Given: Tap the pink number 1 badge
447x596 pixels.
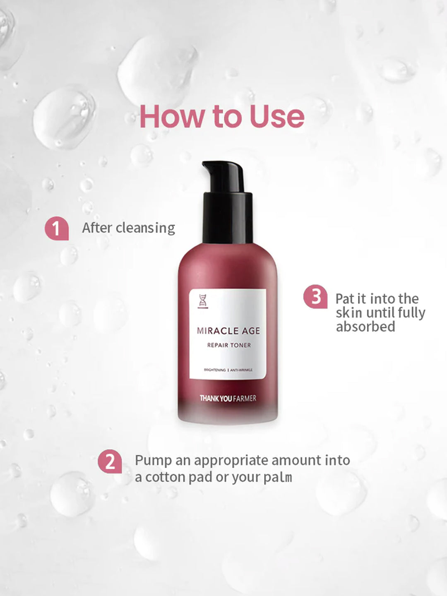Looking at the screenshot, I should pyautogui.click(x=57, y=228).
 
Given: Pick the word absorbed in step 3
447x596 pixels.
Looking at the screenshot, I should pyautogui.click(x=365, y=327).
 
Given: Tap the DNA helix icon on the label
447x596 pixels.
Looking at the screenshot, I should pyautogui.click(x=202, y=301).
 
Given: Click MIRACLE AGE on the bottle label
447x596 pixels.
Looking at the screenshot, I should pyautogui.click(x=228, y=331).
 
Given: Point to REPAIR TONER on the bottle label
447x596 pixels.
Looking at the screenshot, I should pyautogui.click(x=229, y=345).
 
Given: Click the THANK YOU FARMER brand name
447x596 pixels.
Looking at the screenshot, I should pyautogui.click(x=228, y=398).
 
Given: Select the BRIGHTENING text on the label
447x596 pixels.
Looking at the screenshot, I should pyautogui.click(x=215, y=370).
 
